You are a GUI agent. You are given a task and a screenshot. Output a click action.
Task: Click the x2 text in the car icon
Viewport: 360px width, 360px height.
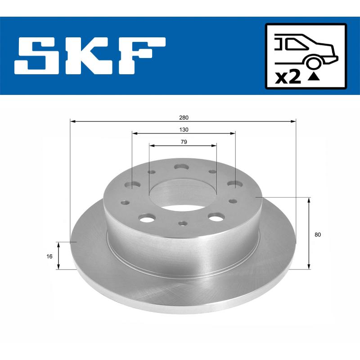[288, 77]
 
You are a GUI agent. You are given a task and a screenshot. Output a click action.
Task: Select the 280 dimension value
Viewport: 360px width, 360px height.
[183, 117]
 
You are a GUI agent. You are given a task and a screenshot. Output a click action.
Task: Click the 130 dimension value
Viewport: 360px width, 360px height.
[183, 130]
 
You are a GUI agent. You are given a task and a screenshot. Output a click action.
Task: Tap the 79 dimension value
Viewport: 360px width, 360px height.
[183, 142]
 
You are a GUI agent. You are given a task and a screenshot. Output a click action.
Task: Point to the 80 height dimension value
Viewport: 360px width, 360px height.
[318, 234]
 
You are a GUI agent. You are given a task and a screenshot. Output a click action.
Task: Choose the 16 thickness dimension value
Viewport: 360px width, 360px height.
[50, 256]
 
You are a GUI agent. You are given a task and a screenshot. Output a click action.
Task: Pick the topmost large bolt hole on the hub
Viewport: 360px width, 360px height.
[182, 167]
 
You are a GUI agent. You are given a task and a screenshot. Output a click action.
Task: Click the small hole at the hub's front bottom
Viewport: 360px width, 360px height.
[182, 223]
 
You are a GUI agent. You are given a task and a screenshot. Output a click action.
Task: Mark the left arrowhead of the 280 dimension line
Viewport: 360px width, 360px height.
[72, 121]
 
